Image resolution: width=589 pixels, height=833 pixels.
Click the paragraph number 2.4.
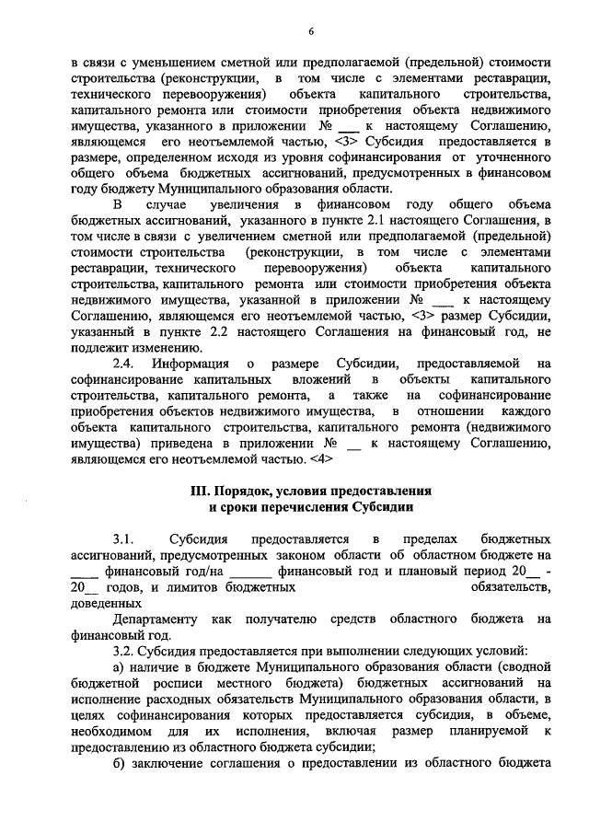123,364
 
